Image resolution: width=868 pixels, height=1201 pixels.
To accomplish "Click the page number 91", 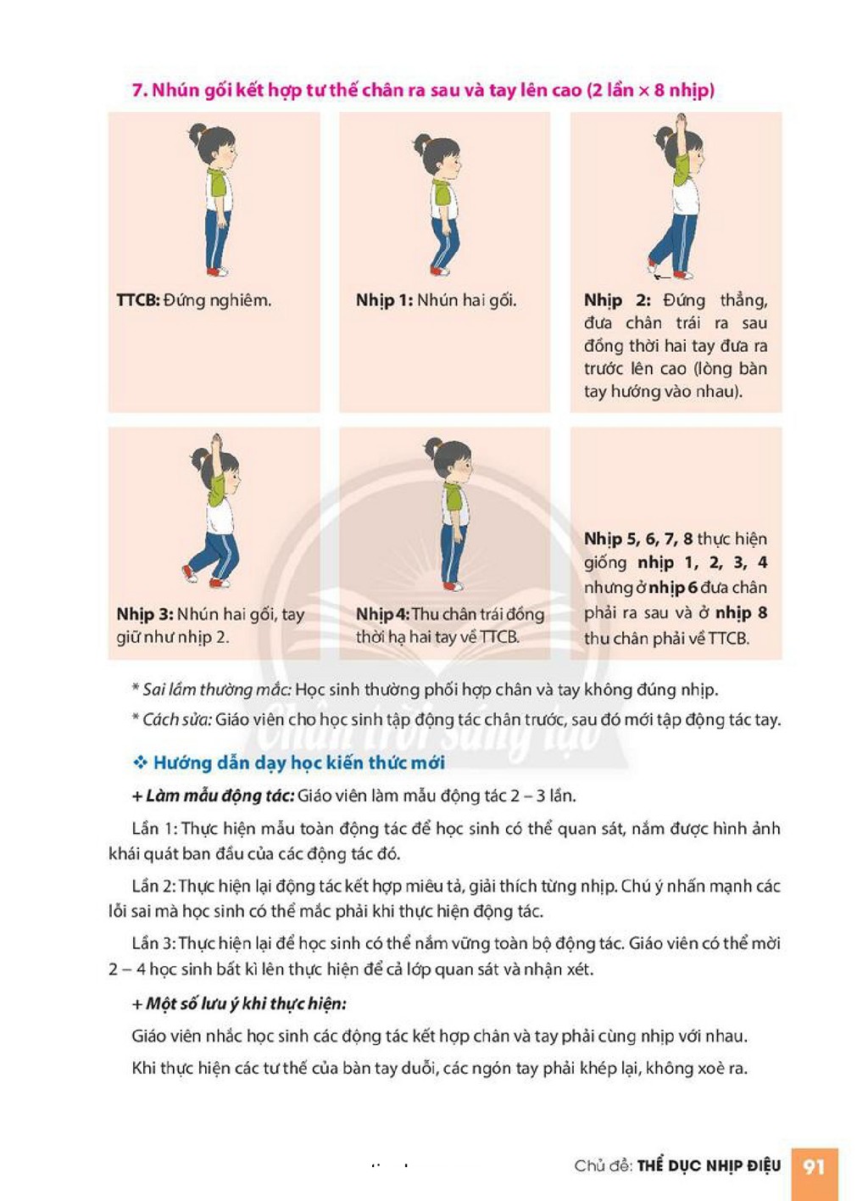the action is click(x=814, y=1166).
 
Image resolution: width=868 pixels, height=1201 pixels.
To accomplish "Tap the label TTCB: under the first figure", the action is click(x=138, y=299).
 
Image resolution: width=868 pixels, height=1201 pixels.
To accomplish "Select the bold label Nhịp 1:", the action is click(x=384, y=300).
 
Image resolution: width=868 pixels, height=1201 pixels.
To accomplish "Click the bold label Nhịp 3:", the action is click(x=145, y=614).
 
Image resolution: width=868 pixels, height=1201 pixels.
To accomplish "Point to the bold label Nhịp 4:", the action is click(x=383, y=614).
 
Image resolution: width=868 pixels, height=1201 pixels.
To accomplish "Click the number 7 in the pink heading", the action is click(x=137, y=90).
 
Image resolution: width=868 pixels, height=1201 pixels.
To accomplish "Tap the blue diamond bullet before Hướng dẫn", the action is click(x=141, y=762).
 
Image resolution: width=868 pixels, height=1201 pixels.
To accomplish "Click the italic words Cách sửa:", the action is click(x=177, y=719).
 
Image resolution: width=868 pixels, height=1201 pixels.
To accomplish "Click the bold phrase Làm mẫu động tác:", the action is click(x=220, y=796).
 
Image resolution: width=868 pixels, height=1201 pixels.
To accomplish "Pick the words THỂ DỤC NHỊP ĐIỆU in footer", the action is click(x=709, y=1165).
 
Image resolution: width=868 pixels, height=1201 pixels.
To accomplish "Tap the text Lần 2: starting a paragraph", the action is click(x=153, y=886).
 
